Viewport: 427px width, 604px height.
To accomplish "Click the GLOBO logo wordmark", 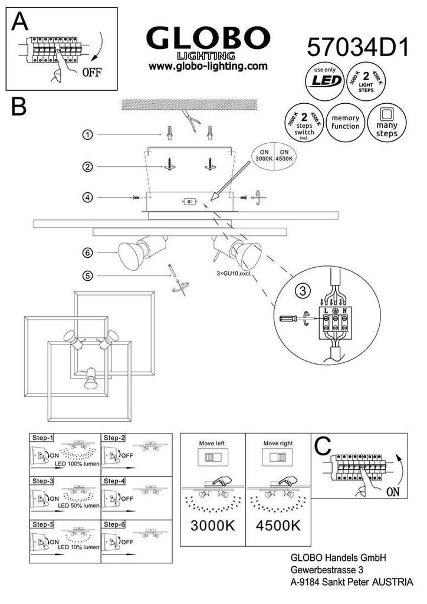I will (205, 40).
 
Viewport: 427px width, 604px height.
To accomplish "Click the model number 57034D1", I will (358, 47).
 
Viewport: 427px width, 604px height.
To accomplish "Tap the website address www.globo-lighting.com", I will (204, 67).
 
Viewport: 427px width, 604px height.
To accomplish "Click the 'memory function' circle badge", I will (345, 122).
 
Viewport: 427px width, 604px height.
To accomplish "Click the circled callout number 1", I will (87, 135).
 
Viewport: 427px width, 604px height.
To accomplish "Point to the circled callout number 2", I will (87, 167).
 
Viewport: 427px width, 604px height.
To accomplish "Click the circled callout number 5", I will (87, 275).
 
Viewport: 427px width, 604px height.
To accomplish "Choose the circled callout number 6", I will (87, 252).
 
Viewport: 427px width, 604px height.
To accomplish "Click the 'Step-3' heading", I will (42, 481).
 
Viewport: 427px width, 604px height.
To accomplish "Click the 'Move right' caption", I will (278, 442).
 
